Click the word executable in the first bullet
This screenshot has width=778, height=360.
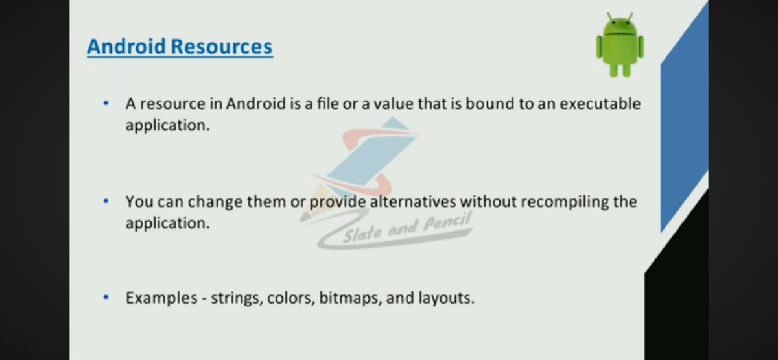coord(600,104)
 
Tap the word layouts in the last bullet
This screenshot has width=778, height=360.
coord(446,299)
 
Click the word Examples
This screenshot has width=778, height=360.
coord(161,298)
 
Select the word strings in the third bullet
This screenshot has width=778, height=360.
coord(236,299)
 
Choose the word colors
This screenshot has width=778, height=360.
coord(290,299)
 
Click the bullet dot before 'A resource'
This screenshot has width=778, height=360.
coord(105,103)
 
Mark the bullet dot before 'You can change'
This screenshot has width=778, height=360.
coord(105,201)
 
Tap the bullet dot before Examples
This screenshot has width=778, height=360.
coord(105,298)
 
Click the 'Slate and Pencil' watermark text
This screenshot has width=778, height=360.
coord(407,227)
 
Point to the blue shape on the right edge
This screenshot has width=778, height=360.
coord(684,130)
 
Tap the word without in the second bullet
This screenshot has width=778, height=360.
coord(489,202)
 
